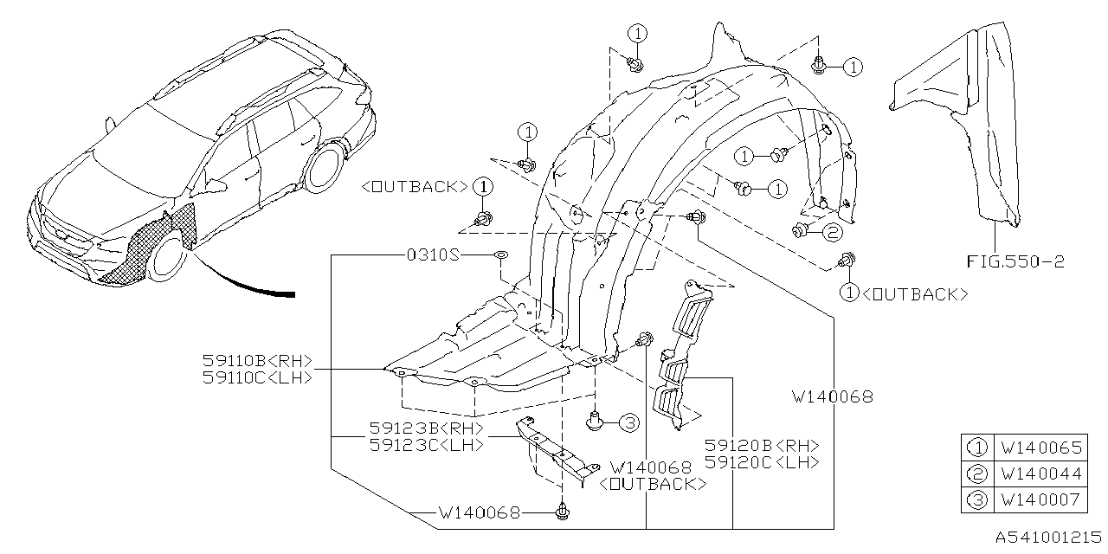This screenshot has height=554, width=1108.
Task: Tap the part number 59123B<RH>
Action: pyautogui.click(x=425, y=428)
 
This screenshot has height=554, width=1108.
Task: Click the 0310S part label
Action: pyautogui.click(x=433, y=255)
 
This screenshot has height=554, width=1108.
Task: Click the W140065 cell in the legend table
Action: pyautogui.click(x=1040, y=448)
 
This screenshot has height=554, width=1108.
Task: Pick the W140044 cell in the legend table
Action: pyautogui.click(x=1040, y=473)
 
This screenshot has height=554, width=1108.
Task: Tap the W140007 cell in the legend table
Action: pyautogui.click(x=1040, y=499)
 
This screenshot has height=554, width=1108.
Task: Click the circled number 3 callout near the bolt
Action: pyautogui.click(x=628, y=422)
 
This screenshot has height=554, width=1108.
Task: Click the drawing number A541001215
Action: pyautogui.click(x=1047, y=538)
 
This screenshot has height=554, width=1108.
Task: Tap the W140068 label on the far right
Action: pyautogui.click(x=832, y=397)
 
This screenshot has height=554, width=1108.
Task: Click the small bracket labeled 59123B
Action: pyautogui.click(x=554, y=450)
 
